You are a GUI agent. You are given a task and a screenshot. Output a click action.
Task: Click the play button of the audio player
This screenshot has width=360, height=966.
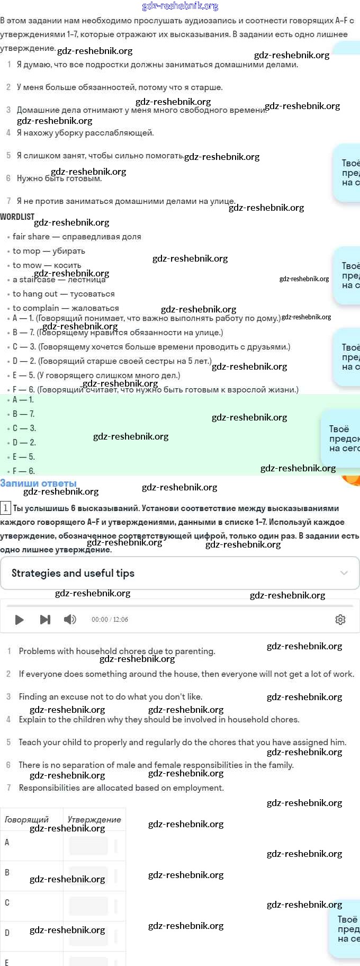20,620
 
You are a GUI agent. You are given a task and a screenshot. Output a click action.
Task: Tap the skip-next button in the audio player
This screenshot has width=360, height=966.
45,620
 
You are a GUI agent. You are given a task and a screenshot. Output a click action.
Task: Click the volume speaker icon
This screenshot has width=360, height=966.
70,620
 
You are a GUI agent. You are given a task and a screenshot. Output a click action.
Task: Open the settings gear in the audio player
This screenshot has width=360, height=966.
340,620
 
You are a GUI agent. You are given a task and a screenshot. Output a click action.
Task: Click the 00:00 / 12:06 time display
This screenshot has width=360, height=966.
110,620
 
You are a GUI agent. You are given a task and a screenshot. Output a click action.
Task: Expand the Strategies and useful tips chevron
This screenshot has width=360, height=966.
344,573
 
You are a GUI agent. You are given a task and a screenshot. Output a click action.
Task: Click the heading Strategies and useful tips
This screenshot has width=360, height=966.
73,573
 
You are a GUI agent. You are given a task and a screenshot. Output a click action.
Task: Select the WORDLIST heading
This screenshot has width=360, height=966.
17,217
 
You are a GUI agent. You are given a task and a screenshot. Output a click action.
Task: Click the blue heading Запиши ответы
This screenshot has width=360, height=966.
38,483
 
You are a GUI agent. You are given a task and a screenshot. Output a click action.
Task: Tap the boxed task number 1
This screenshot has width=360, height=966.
5,508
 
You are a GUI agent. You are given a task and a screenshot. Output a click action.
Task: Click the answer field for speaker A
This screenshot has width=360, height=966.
88,846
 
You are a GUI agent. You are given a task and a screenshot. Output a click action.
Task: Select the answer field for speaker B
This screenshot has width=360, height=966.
88,876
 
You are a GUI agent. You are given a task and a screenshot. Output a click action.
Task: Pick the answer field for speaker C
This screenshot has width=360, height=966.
88,906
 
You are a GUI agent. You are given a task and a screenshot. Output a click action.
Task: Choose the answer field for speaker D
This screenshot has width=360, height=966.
88,936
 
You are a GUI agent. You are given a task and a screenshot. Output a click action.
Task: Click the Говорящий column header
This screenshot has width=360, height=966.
26,819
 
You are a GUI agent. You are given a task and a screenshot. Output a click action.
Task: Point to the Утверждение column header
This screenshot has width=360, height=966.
94,819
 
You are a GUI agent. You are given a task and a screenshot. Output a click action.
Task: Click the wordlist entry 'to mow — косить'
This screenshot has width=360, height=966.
47,265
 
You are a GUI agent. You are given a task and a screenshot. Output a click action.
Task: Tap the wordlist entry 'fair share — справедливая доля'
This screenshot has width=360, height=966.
77,237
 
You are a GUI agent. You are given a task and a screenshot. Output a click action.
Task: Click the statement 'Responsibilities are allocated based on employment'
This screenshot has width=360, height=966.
121,788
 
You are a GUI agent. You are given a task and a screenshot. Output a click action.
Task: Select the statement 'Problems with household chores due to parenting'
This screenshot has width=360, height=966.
117,651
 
